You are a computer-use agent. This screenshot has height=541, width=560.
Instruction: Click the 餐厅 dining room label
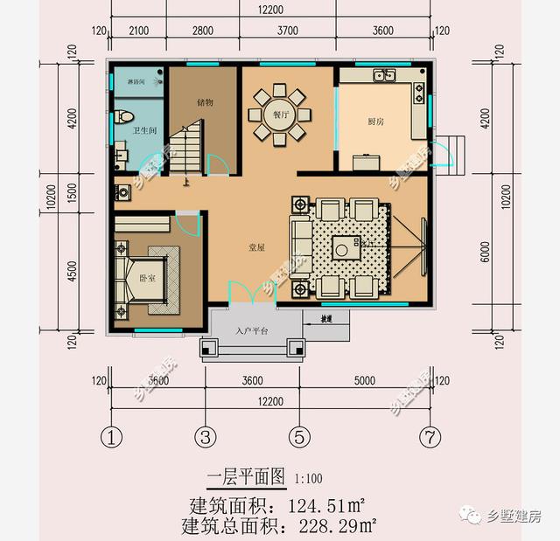[x=279, y=114]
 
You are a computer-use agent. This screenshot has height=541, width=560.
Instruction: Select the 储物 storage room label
[x=205, y=102]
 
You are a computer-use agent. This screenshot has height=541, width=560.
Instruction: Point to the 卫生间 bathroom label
[x=144, y=130]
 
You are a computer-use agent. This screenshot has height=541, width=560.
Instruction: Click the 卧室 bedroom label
[x=147, y=277]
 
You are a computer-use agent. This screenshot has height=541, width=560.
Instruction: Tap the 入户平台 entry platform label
[x=252, y=331]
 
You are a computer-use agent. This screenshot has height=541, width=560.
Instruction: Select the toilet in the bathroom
[x=125, y=115]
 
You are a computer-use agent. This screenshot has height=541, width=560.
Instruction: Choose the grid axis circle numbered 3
[x=205, y=435]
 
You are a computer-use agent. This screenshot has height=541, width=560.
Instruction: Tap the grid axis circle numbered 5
[x=298, y=435]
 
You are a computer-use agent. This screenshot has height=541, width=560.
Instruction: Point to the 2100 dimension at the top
[x=139, y=31]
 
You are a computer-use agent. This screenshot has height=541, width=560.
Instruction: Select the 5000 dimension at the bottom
[x=364, y=380]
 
